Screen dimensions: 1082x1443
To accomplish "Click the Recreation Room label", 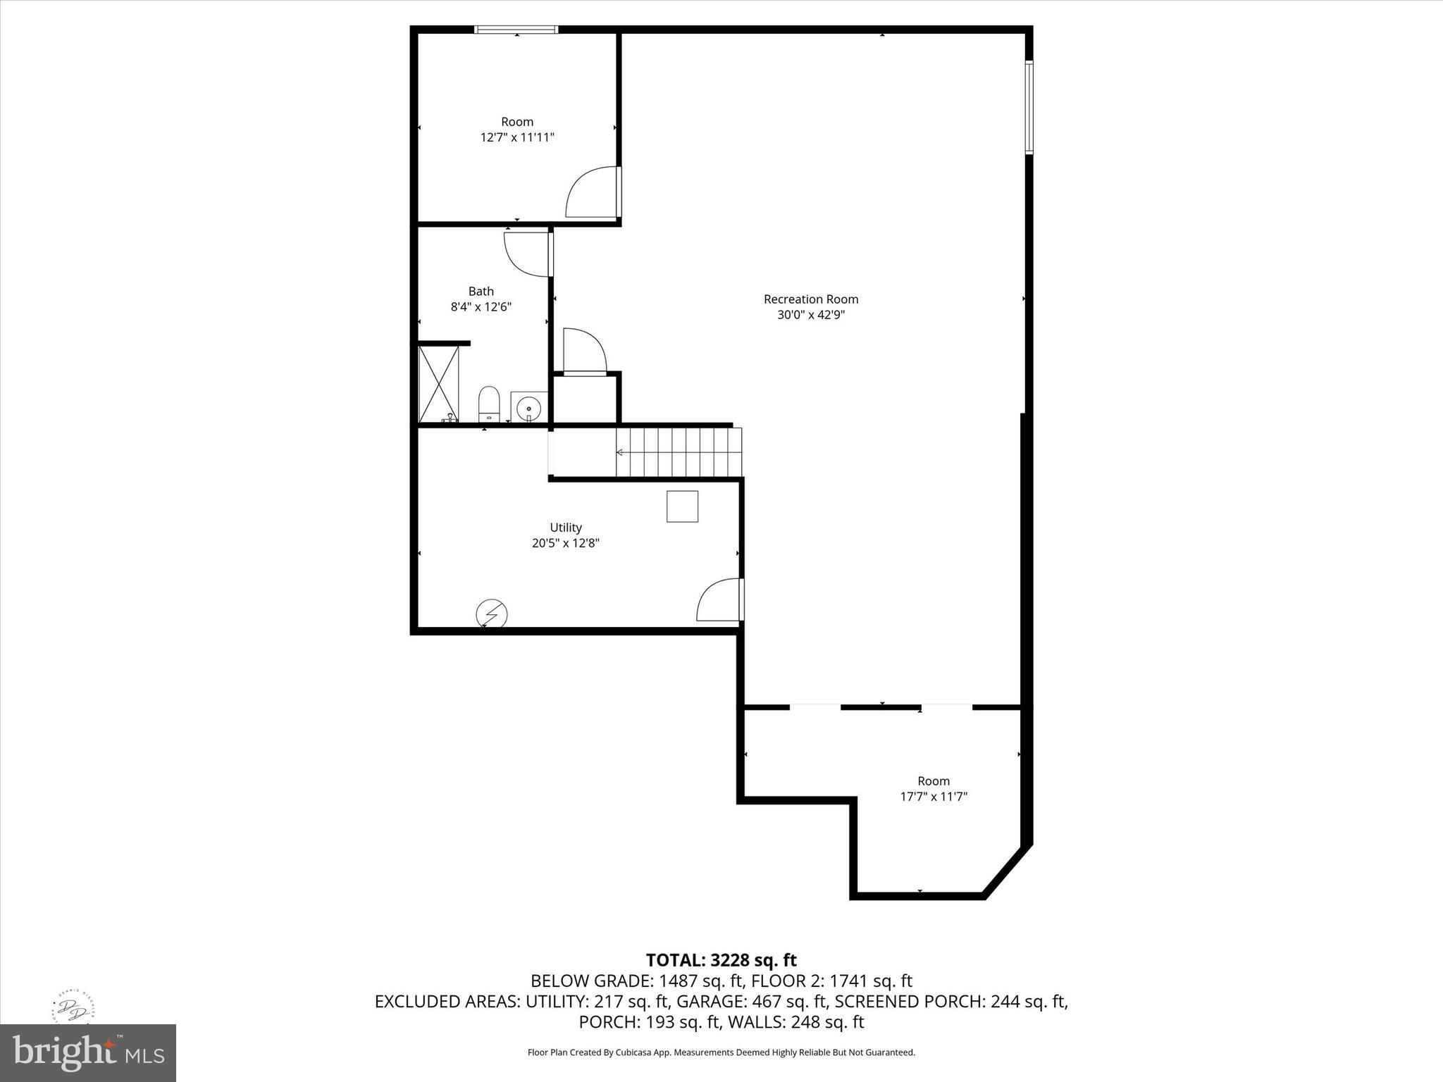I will pos(810,299).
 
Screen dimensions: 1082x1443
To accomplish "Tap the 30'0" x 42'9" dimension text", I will pos(810,315).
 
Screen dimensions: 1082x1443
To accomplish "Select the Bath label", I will pos(481,292).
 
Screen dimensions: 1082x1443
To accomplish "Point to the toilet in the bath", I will pos(488,404).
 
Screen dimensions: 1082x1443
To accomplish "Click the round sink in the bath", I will pos(528,407).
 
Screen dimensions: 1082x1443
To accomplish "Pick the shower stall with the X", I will pos(438,384).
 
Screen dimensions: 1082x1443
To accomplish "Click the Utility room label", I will pos(566,528).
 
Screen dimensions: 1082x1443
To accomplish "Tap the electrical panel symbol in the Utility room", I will pos(491,614).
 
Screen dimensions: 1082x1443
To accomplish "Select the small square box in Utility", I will pos(682,506).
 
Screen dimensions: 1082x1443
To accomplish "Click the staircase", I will pos(679,452).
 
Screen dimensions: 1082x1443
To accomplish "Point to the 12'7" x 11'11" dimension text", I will pos(517,137).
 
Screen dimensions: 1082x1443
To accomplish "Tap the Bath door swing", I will pos(526,254).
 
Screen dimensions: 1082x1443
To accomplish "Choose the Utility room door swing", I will pos(719,600).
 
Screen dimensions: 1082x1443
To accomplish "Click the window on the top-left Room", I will pos(516,30).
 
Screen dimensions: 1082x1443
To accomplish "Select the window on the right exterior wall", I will pos(1029,107).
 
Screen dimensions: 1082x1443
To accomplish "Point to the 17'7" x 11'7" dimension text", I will pos(934,797).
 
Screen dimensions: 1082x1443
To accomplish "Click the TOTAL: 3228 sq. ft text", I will pos(721,960).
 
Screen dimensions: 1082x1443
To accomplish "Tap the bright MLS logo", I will pos(88,1052).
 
